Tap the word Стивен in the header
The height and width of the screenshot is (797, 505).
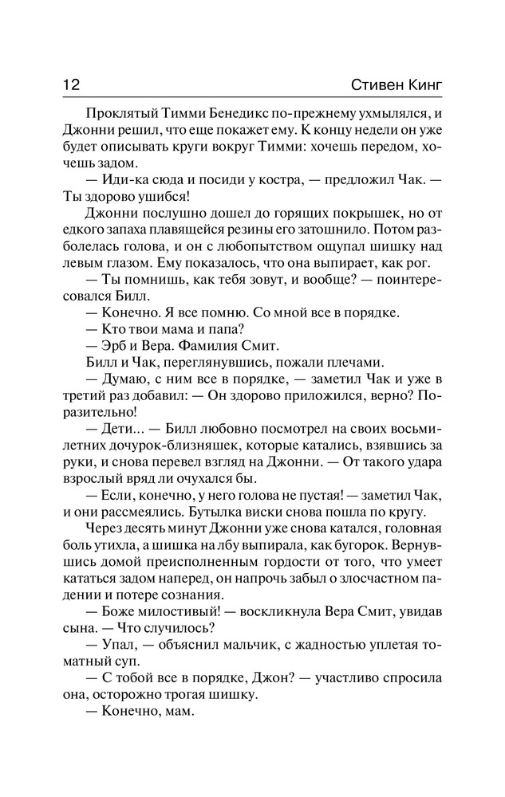[x=375, y=83]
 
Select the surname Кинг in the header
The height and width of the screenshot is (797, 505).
[x=424, y=83]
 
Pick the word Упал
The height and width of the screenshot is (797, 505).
[x=118, y=650]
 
